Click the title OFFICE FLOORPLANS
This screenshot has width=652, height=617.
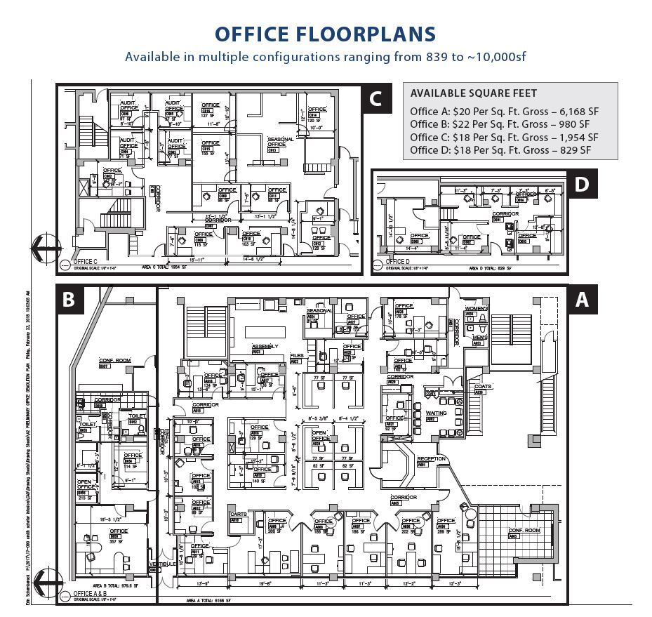pos(325,34)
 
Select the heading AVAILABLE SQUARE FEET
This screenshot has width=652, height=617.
pos(474,93)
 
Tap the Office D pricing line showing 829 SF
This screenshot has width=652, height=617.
pos(501,150)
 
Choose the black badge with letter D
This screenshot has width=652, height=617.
pos(581,184)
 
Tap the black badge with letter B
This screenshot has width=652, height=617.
pos(69,299)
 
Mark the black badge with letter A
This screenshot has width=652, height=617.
pos(581,300)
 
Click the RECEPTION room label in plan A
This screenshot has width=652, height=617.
pos(432,458)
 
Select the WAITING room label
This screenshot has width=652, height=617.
pos(436,413)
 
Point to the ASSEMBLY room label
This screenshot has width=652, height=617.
pos(265,347)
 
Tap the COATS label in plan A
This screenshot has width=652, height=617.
pos(483,386)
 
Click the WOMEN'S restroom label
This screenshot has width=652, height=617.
pos(475,309)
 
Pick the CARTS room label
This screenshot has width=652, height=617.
pos(237,515)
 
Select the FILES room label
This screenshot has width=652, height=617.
pos(297,356)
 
